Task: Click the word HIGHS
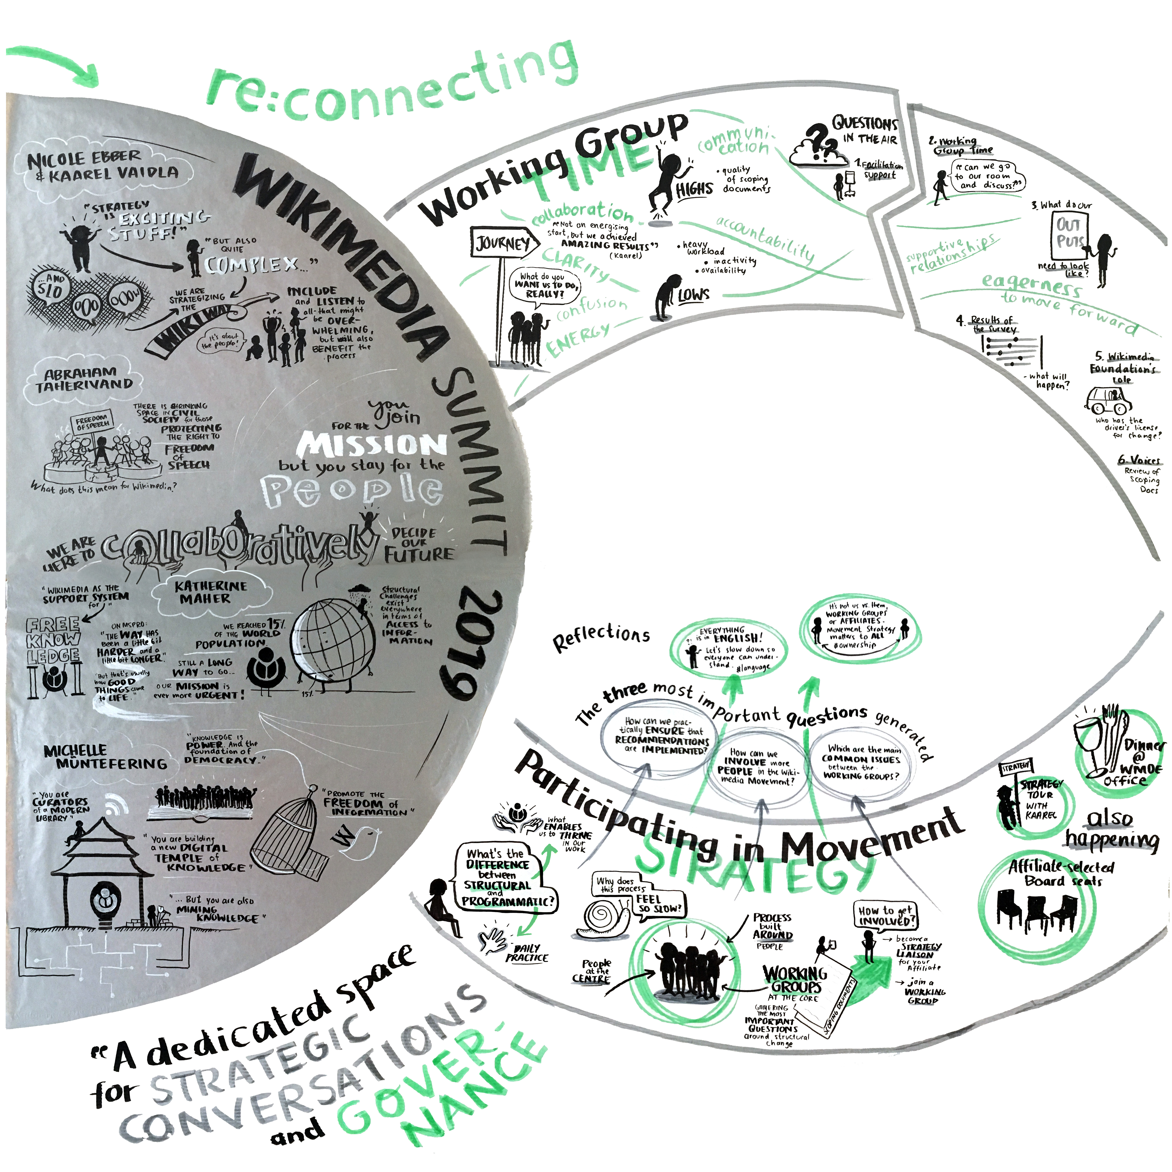point(695,190)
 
